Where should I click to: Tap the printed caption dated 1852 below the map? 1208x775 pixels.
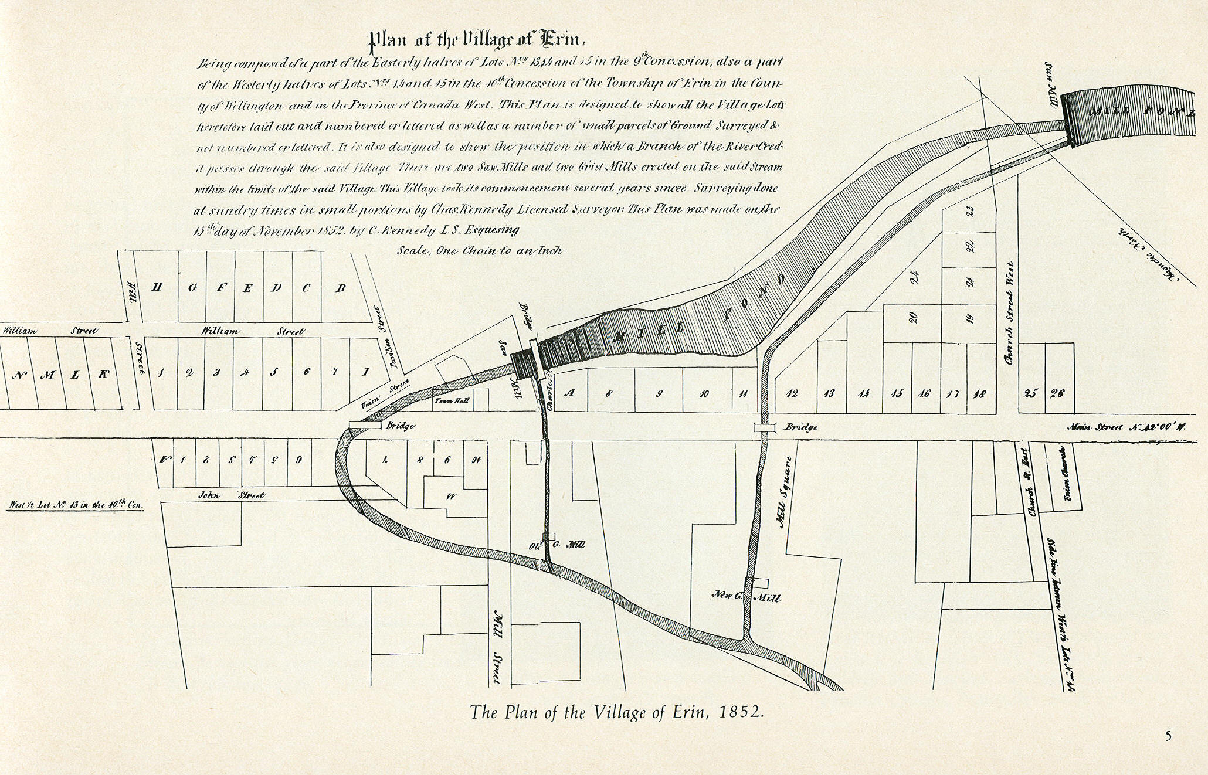tap(617, 712)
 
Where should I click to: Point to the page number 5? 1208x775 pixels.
tap(1168, 736)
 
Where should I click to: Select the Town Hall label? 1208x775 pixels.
tap(451, 402)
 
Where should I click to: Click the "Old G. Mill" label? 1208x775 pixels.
tap(557, 545)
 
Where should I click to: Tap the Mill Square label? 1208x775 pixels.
tap(785, 492)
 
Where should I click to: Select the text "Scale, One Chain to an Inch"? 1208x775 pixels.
tap(480, 250)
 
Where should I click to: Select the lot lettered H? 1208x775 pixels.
tap(157, 287)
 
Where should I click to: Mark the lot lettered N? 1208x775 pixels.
tap(18, 375)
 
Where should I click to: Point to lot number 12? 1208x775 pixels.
tap(791, 393)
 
